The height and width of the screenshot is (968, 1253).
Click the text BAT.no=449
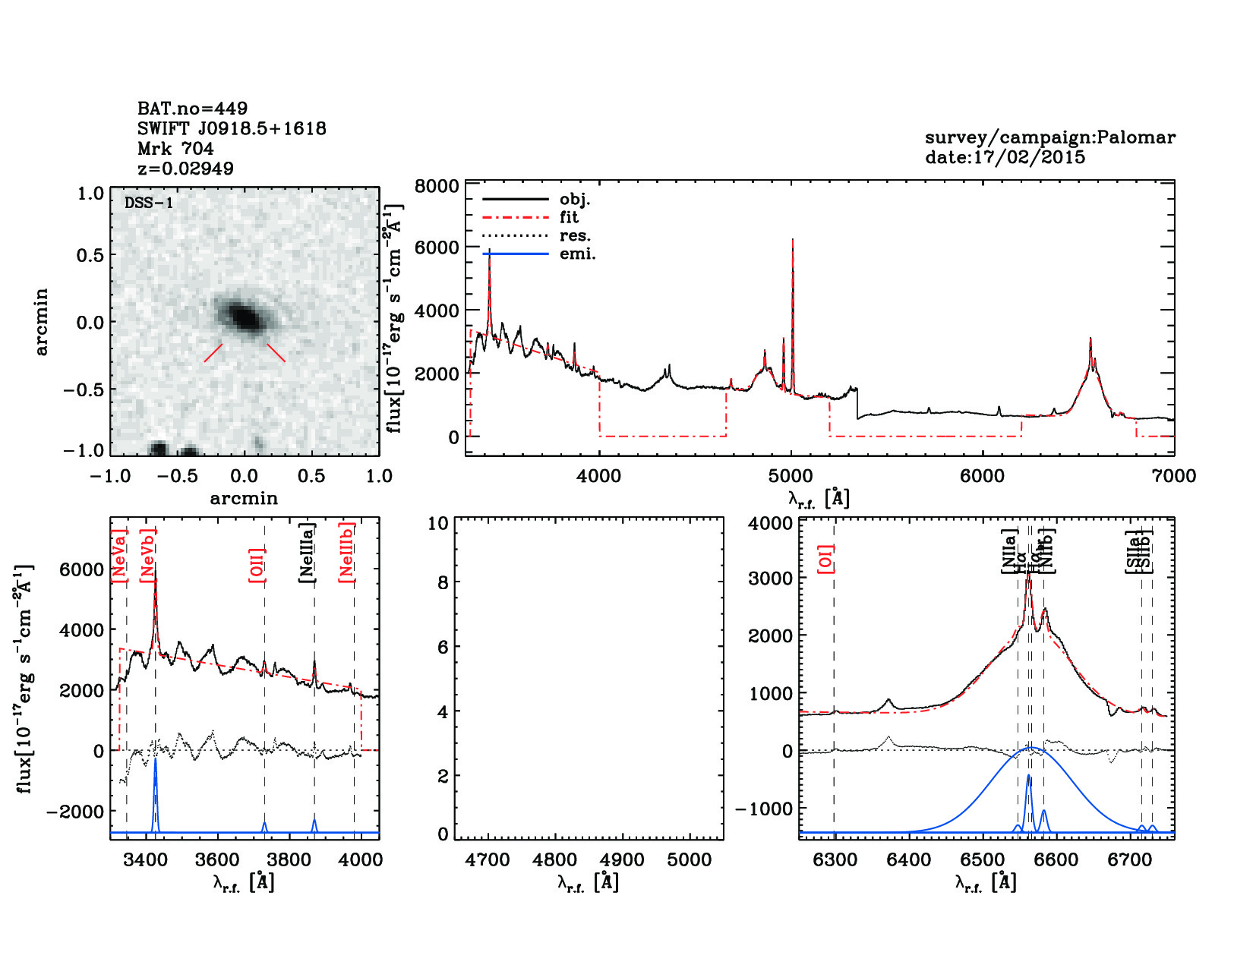[x=192, y=109]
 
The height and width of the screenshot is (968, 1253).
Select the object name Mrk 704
[x=175, y=149]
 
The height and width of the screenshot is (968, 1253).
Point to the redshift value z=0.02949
[x=185, y=169]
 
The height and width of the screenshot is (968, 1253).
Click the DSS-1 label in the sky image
[x=149, y=203]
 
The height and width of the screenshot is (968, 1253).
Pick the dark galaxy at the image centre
[x=245, y=317]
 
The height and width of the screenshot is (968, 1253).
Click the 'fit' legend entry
[x=569, y=218]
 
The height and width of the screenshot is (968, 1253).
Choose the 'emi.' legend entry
[x=577, y=254]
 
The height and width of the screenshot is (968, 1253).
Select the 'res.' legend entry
[x=575, y=236]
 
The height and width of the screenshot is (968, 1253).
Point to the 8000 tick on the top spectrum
[x=437, y=187]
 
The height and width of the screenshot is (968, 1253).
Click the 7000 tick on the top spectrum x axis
[x=1173, y=477]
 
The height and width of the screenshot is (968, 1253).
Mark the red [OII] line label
[x=257, y=565]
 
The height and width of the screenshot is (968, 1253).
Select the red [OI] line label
[x=826, y=559]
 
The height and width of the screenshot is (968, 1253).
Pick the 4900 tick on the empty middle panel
[x=622, y=860]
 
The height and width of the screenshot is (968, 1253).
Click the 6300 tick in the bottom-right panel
[x=835, y=860]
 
